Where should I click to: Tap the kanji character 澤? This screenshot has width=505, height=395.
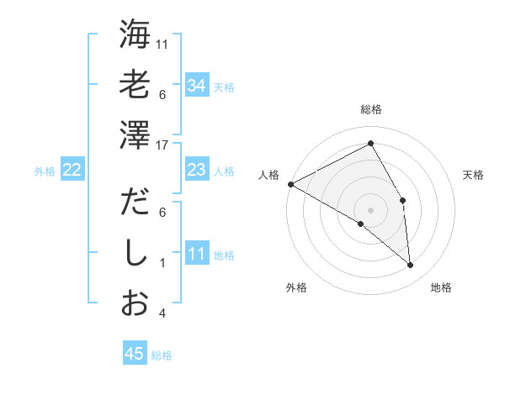tap(135, 134)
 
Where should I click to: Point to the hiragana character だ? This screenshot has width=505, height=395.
tap(135, 203)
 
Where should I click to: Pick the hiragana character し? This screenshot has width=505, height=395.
tap(135, 253)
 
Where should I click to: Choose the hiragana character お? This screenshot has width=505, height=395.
tap(135, 303)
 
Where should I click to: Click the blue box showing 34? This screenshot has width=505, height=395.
tap(197, 85)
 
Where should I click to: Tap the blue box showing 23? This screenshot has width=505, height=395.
tap(197, 170)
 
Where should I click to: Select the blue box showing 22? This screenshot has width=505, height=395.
tap(72, 170)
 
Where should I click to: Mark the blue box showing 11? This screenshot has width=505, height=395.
tap(197, 254)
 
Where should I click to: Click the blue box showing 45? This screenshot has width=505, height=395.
tap(135, 354)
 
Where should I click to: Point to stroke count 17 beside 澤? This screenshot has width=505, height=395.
tap(163, 145)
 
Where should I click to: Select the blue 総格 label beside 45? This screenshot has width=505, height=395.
tap(162, 355)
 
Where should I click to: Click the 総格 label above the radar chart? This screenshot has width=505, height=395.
tap(371, 109)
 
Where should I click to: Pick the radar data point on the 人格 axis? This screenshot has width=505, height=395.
tap(290, 184)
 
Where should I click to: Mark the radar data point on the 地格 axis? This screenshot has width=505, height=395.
tap(411, 266)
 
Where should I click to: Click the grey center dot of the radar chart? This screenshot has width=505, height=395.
tap(370, 209)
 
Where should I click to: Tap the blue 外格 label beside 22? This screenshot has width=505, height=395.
tap(45, 171)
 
